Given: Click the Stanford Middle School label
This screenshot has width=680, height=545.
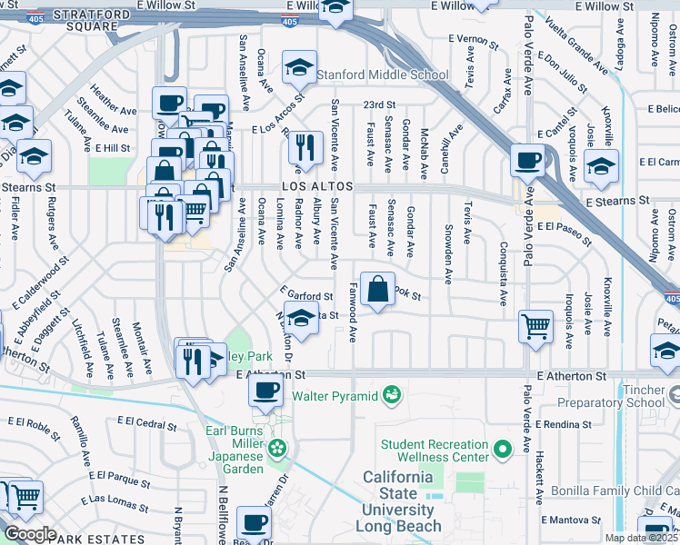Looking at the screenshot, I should point(384,75).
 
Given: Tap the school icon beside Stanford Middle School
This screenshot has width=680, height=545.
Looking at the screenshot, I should point(299,66).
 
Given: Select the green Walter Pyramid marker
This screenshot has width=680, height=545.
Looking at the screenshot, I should point(391,394).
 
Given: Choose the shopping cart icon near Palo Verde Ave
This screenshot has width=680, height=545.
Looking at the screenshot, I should point(535,325).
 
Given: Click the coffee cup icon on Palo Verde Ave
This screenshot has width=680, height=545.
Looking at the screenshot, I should point(527,161).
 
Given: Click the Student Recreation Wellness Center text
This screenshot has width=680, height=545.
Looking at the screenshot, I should point(435,451).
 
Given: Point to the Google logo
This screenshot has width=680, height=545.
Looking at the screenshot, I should point(29,534).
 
